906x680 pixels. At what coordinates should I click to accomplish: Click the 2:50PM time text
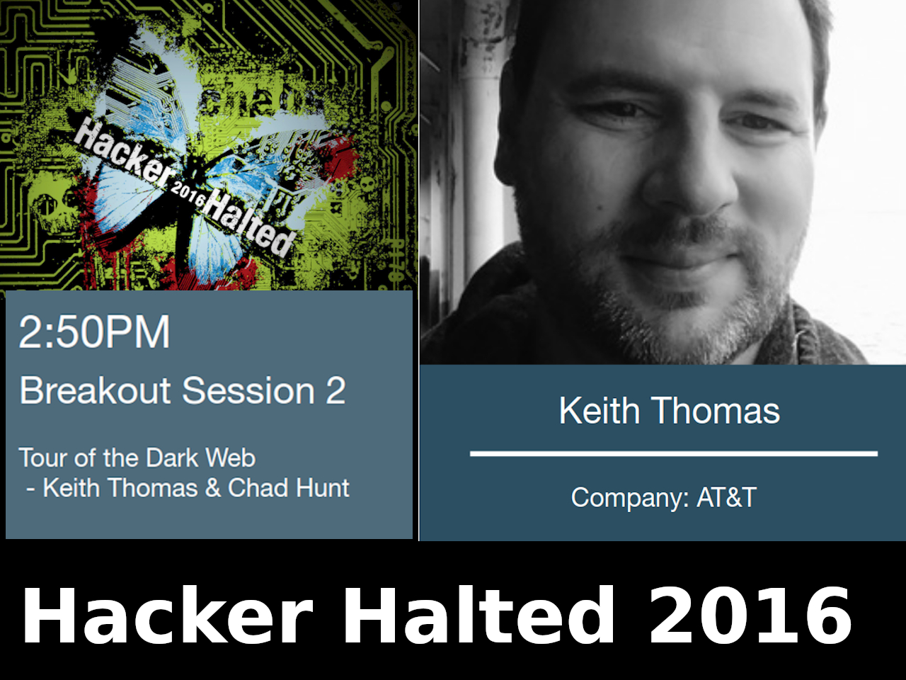click(x=94, y=331)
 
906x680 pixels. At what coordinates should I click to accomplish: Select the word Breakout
click(x=95, y=390)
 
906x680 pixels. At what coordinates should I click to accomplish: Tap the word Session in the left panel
click(x=248, y=390)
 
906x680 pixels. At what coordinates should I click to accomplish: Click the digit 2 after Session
click(x=336, y=390)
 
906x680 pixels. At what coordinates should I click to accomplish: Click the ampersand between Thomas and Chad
click(x=213, y=487)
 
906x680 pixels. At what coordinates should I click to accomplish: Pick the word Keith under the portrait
click(x=600, y=410)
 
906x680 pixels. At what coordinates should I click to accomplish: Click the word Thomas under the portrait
click(x=716, y=410)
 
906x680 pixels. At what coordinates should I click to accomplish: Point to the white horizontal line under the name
click(x=674, y=454)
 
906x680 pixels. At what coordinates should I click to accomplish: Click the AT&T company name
click(x=727, y=497)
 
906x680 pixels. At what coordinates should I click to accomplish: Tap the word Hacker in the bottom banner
click(x=167, y=615)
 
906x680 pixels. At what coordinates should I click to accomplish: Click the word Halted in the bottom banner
click(x=479, y=615)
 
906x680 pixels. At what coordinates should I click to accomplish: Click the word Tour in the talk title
click(x=43, y=458)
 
